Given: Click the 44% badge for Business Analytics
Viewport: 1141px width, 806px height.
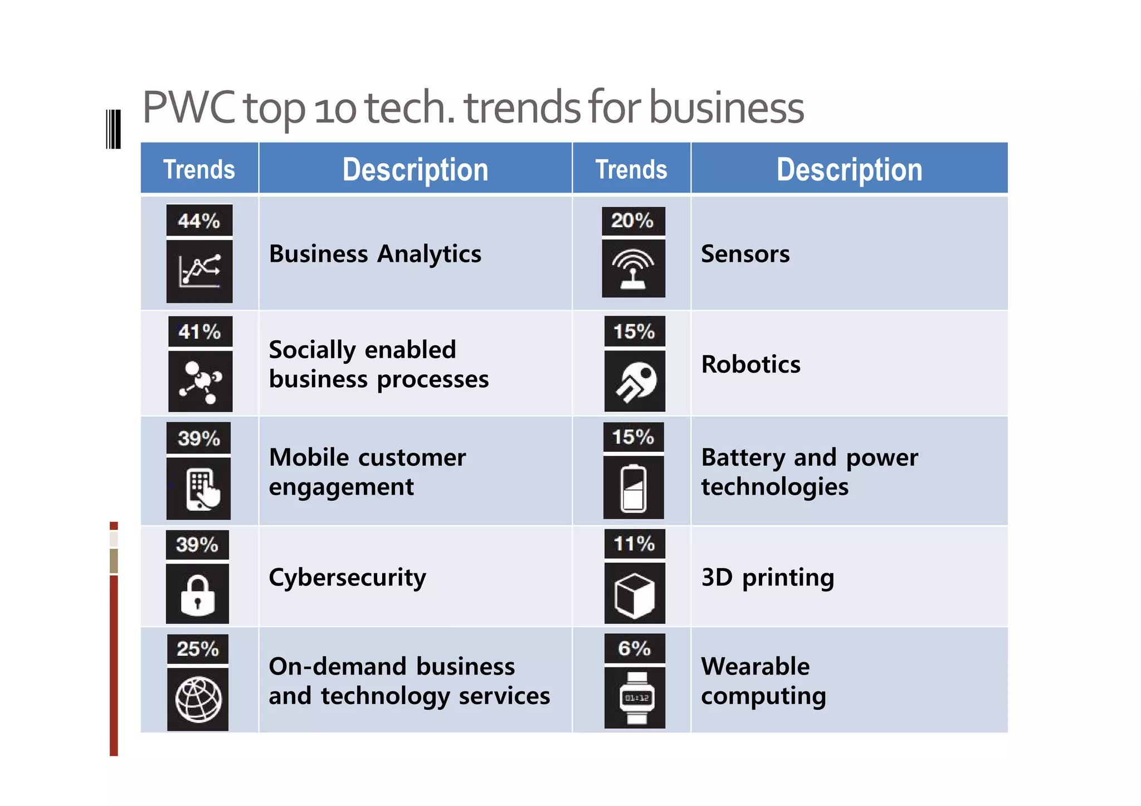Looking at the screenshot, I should coord(199,221).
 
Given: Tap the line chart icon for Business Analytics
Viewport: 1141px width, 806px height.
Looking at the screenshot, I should coord(199,271).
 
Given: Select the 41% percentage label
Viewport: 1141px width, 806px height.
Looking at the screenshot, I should coord(200,331).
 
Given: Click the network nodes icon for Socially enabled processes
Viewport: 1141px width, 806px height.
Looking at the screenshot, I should coord(200,381).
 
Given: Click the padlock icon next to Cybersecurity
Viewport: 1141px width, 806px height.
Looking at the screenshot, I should coord(197,594).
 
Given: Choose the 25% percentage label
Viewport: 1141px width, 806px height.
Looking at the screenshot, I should coord(198,649).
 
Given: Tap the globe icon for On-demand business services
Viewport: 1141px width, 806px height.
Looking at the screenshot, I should coord(198,700).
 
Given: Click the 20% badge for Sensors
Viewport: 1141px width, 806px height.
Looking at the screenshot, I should coord(633,221).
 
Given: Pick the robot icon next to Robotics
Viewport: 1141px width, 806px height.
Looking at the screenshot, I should coord(635,381).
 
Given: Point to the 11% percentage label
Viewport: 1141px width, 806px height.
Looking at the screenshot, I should coord(635,543).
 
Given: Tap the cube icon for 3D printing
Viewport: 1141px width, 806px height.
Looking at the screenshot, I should coord(635,594).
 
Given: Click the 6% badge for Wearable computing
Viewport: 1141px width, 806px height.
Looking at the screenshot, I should coord(635,648).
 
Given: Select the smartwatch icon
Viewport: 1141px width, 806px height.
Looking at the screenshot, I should coord(635,698).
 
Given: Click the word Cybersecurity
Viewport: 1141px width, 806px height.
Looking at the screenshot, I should coord(347,578).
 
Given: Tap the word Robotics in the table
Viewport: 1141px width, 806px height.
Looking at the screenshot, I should coord(750,364).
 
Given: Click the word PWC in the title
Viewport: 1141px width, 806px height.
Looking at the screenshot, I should coord(188,108).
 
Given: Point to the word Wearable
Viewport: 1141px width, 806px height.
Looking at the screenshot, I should coord(755,666).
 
